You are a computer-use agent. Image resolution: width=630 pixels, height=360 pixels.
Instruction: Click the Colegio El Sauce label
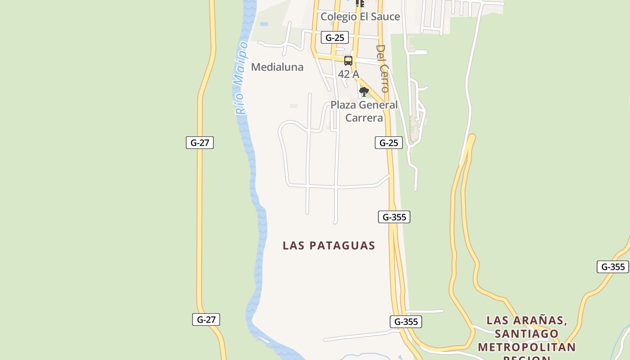360,17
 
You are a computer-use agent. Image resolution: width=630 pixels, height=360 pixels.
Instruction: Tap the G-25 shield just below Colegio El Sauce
335,37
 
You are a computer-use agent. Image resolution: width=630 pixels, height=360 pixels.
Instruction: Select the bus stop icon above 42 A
348,61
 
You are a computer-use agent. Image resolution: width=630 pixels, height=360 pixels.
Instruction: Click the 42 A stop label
348,74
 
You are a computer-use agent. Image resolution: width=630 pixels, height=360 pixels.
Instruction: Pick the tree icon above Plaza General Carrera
364,92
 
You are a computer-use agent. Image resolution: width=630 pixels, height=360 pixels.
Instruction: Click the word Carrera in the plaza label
364,118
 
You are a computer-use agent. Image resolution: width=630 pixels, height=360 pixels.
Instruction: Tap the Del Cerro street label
383,68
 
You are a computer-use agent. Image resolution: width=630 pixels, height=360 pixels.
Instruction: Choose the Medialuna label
277,67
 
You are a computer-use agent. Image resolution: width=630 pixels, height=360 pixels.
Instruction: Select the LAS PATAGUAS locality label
329,245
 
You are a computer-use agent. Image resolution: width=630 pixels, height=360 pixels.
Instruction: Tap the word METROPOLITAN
526,347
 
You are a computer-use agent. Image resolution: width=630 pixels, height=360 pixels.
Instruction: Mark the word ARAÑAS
542,320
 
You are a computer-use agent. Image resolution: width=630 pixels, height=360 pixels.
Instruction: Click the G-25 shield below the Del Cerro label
389,143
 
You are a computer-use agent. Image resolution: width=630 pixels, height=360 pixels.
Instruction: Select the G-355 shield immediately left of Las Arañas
406,322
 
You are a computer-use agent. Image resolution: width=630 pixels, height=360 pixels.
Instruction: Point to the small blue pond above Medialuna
264,24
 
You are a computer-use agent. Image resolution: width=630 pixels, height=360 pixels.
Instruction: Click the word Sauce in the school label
385,17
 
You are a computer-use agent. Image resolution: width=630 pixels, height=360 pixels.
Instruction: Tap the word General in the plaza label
377,105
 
